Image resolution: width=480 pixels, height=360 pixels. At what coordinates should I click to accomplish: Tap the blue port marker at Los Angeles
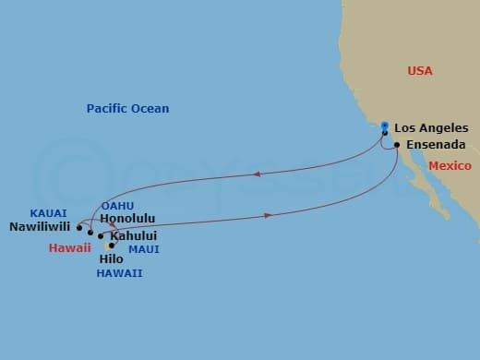(385, 130)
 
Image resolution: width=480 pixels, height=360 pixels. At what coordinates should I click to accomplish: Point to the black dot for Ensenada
(397, 145)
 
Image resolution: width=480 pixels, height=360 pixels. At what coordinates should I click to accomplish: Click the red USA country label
(420, 71)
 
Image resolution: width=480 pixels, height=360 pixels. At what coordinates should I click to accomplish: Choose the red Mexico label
(450, 166)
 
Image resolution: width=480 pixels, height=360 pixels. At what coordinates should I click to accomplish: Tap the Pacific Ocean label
(127, 109)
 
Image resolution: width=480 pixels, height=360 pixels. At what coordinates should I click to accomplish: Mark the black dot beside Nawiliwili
(79, 226)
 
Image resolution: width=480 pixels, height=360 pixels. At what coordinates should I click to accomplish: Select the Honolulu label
(128, 219)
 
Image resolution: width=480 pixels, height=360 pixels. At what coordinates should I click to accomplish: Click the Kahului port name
(132, 236)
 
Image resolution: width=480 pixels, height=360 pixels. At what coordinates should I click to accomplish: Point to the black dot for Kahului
(101, 236)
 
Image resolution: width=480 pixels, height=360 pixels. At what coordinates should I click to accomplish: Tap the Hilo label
(111, 259)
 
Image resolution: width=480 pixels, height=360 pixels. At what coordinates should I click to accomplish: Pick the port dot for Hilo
(112, 246)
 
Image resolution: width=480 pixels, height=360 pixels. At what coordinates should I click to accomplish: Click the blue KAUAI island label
(48, 212)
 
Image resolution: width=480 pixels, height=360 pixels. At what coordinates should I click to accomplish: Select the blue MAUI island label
(143, 248)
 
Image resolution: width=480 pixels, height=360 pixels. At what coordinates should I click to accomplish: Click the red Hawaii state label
(70, 247)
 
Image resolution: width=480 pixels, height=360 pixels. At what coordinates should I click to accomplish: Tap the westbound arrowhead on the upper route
(256, 174)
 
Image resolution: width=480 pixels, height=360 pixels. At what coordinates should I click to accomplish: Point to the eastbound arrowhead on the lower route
(268, 216)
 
